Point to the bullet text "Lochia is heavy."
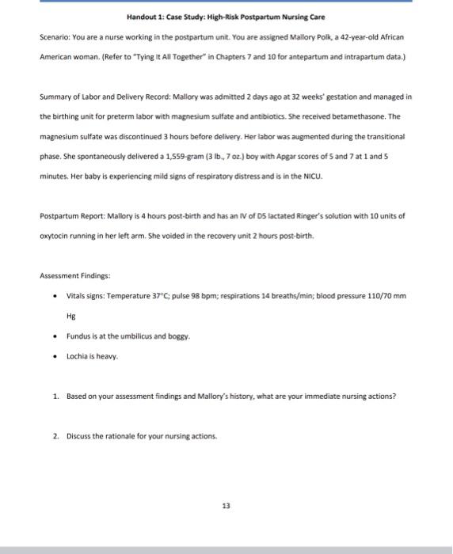[92, 356]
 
